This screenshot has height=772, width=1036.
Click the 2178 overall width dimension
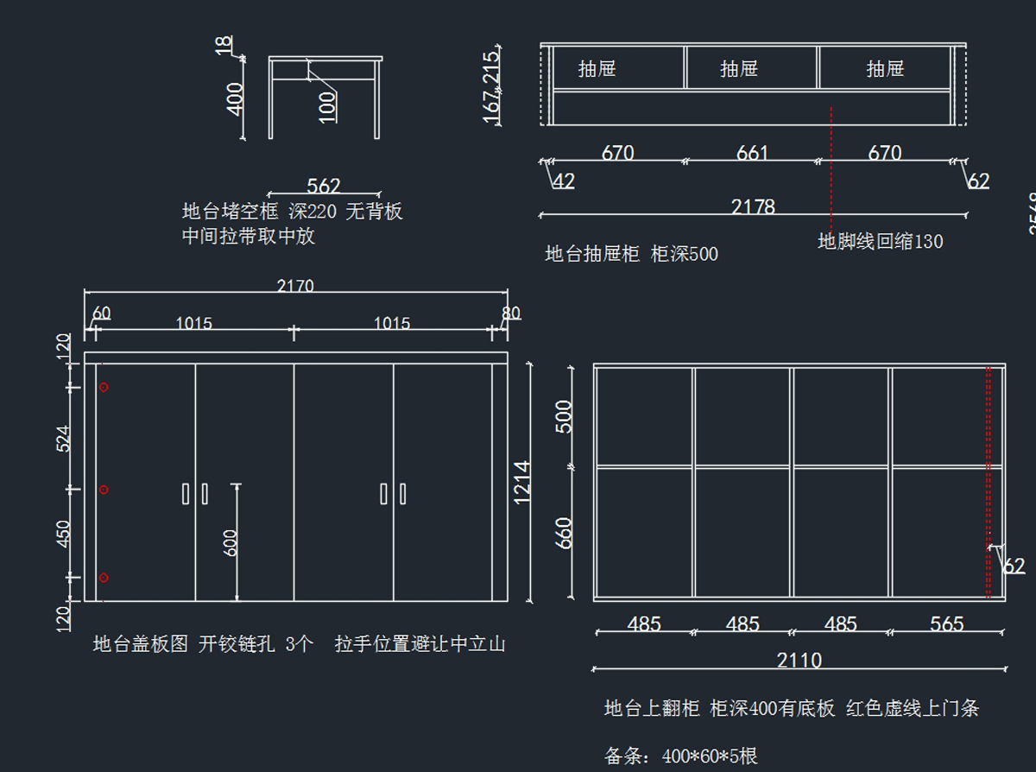click(x=753, y=206)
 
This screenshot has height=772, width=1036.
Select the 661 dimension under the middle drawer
click(x=752, y=153)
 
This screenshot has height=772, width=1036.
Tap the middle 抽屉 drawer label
click(x=739, y=68)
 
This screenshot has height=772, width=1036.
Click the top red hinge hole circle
click(x=104, y=388)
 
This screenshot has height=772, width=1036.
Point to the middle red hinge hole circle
click(x=104, y=490)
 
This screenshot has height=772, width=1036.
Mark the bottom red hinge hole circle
click(x=104, y=578)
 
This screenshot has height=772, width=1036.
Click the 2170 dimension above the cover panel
click(x=295, y=285)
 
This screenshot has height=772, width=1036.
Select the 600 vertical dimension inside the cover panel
click(x=231, y=542)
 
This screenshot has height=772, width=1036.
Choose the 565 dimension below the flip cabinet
click(x=946, y=623)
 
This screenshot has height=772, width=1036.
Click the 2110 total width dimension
click(x=799, y=661)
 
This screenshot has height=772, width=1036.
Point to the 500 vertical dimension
click(x=564, y=416)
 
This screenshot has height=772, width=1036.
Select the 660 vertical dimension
click(x=564, y=533)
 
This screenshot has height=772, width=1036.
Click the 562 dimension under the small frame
click(x=324, y=186)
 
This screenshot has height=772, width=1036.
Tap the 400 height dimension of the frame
click(x=234, y=98)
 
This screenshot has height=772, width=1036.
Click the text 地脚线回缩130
click(x=881, y=242)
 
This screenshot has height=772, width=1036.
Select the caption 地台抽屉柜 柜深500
click(x=631, y=254)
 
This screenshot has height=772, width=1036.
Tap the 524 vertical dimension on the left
click(x=64, y=438)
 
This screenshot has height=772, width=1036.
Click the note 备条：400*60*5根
click(x=681, y=756)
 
